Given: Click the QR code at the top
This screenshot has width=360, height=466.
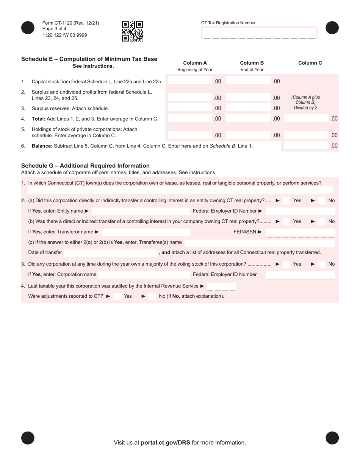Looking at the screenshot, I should point(132,31).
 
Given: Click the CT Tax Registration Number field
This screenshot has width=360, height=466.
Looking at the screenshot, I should point(259,33).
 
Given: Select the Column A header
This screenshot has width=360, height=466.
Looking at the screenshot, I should point(195,63).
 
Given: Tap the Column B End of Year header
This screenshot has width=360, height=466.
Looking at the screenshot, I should point(252,66).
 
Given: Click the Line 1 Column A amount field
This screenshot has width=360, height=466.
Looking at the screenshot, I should point(190,81).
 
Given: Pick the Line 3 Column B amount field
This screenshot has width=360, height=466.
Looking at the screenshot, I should point(249,108).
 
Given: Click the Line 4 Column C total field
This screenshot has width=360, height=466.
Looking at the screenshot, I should point(306,119).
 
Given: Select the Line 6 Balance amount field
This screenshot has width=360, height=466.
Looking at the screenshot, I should point(306,145).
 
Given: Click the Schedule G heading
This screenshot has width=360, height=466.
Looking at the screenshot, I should point(85,166).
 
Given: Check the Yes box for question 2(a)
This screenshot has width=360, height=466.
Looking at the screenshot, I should point(287,200).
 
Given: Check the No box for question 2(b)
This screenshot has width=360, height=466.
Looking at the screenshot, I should point(321,221).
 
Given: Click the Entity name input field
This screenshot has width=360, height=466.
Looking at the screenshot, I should point(141,211).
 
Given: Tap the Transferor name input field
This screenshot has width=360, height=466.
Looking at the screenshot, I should point(146,232).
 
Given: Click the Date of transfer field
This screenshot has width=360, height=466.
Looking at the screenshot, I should point(110,252).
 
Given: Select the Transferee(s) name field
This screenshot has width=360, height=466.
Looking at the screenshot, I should point(260,242).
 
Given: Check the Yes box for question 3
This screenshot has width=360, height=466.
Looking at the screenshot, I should point(287,264).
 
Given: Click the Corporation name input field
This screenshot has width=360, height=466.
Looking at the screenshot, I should point(144,275).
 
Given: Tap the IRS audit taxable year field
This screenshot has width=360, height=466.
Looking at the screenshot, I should point(221,286).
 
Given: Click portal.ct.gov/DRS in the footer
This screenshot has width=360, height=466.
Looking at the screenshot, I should point(166,443).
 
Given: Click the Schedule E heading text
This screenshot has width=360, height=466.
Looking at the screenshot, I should point(89,59).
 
